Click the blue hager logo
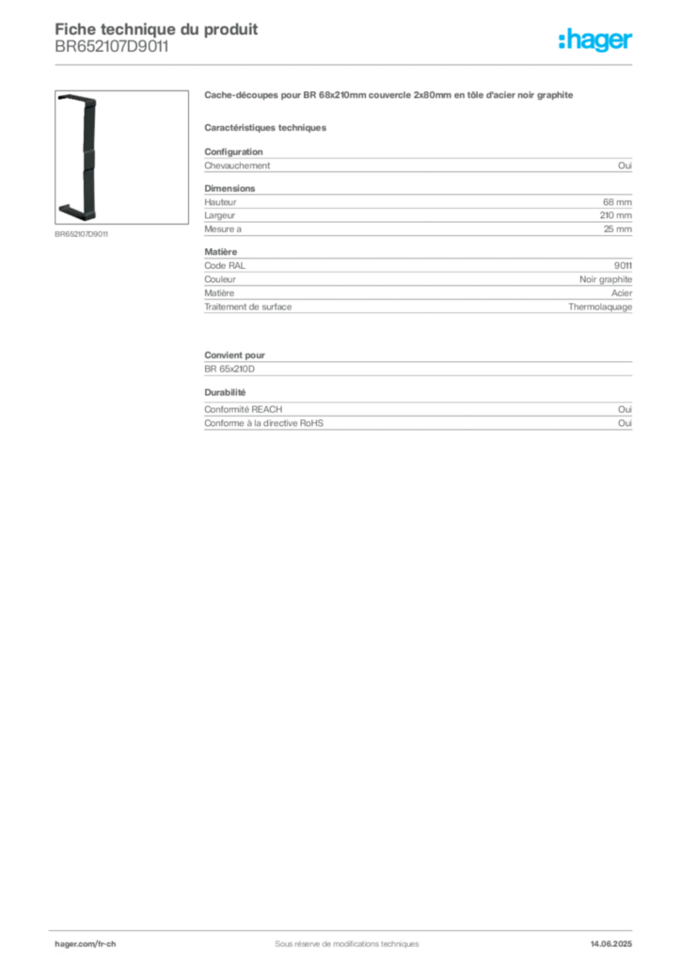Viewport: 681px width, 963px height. pyautogui.click(x=597, y=41)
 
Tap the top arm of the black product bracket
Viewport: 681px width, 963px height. pyautogui.click(x=76, y=97)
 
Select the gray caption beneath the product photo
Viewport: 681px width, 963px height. pyautogui.click(x=83, y=234)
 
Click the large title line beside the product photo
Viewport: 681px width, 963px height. pyautogui.click(x=386, y=96)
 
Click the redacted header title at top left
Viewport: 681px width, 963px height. pyautogui.click(x=155, y=27)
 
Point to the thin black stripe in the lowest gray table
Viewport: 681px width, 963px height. pyautogui.click(x=451, y=410)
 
